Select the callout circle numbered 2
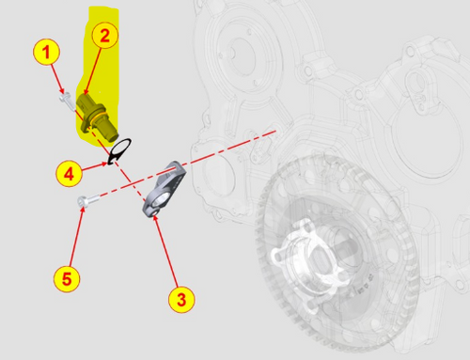click(104, 36)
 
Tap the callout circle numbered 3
click(182, 300)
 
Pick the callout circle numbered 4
click(67, 172)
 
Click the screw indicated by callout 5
click(87, 200)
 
